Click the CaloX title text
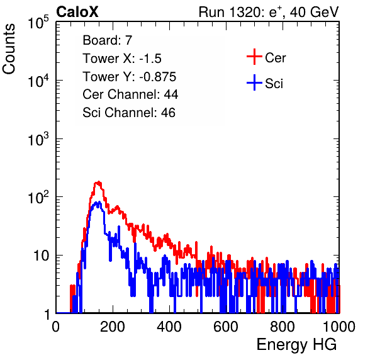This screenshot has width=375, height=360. click(x=77, y=12)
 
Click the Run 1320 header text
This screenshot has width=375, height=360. click(x=269, y=12)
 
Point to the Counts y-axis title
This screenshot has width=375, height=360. click(x=9, y=49)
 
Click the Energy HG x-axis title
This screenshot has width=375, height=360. click(x=296, y=345)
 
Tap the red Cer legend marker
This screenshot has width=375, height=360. click(x=254, y=57)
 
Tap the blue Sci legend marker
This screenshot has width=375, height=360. click(x=254, y=82)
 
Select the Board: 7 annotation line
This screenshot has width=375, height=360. click(x=108, y=40)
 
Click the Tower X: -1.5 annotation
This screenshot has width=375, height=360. click(x=122, y=59)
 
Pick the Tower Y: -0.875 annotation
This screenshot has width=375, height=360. click(x=130, y=77)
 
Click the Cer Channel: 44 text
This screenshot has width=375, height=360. click(x=130, y=94)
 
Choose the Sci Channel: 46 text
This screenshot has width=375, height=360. click(x=129, y=113)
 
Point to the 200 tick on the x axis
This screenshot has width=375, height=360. click(x=113, y=327)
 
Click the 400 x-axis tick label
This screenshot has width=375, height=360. click(x=169, y=327)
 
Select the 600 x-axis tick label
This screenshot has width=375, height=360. click(x=226, y=327)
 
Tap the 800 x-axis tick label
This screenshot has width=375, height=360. click(x=283, y=327)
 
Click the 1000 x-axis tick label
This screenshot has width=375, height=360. click(x=339, y=327)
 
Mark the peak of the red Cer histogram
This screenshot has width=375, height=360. click(x=98, y=182)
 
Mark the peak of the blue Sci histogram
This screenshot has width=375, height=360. click(x=98, y=203)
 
